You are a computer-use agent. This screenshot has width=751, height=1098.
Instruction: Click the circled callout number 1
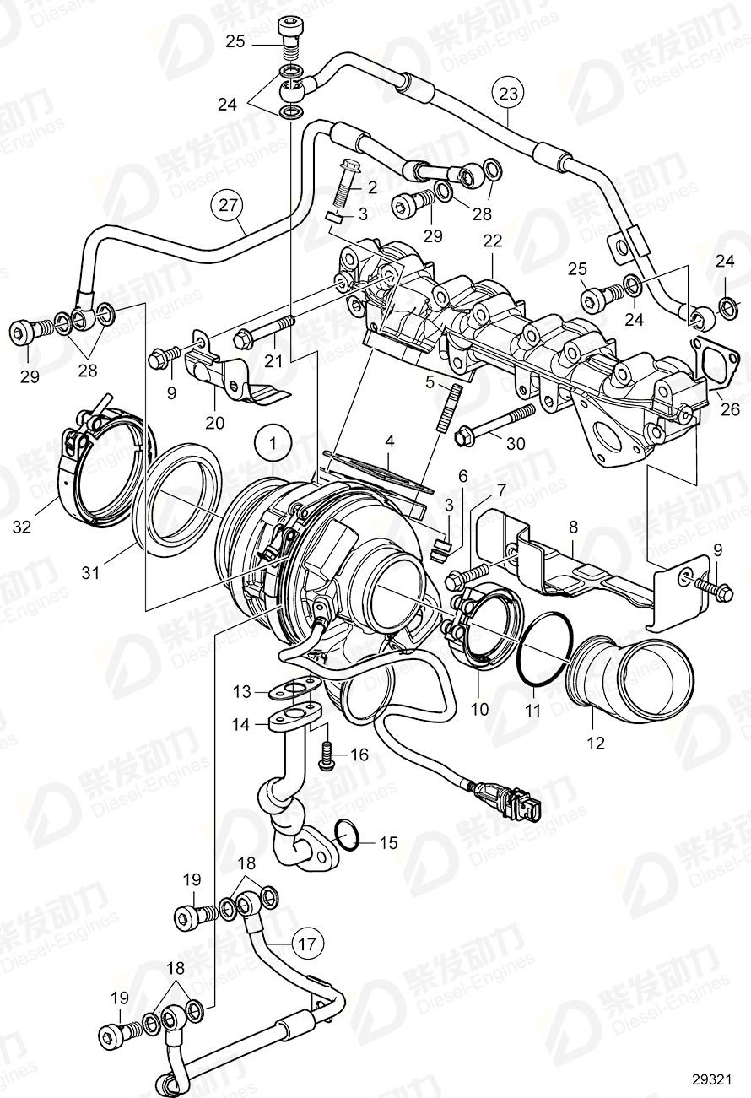[x=273, y=441]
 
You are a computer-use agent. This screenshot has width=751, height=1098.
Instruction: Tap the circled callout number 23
[x=509, y=90]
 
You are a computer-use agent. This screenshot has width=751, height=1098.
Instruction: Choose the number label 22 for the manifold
[x=492, y=241]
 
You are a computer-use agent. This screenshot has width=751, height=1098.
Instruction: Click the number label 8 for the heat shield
[x=573, y=525]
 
